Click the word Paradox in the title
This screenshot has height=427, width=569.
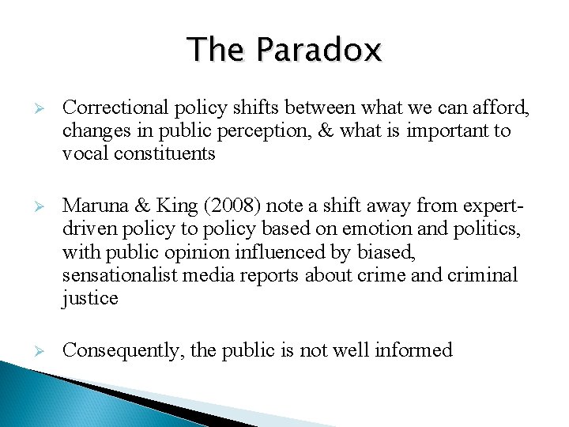[x=320, y=50]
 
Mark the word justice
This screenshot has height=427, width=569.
[x=90, y=298]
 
